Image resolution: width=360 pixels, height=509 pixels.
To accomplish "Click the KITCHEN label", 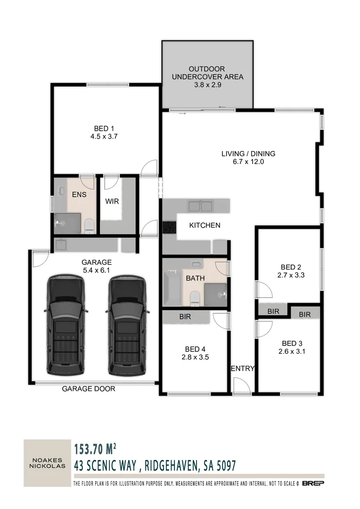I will coord(205,225).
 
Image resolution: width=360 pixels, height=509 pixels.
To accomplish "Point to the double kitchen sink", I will coord(201,206).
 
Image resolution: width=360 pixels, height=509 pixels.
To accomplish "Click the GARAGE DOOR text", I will coord(89,389).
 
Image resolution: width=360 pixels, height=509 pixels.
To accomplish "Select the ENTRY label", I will coord(243,369).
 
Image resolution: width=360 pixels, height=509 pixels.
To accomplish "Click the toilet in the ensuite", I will coord(89,226).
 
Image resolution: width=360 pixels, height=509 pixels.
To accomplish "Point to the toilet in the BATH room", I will coord(195,297).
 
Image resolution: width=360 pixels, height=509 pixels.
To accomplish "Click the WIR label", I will coord(112,201).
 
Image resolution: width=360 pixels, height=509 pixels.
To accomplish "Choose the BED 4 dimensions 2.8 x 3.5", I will coord(195,357).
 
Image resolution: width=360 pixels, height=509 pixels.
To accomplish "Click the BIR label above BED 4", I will coord(185,317).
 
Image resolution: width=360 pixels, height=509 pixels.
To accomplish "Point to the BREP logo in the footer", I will coord(313,484).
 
